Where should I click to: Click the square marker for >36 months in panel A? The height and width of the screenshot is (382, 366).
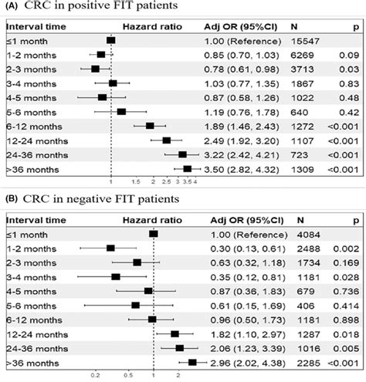coord(187,168)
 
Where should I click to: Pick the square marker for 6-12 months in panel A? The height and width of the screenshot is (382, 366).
coord(150,125)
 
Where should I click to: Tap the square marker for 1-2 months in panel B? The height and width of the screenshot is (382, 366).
coord(110,248)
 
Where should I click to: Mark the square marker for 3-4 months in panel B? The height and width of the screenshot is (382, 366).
coord(116,276)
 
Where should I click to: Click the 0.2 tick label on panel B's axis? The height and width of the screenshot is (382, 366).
coord(96,376)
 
